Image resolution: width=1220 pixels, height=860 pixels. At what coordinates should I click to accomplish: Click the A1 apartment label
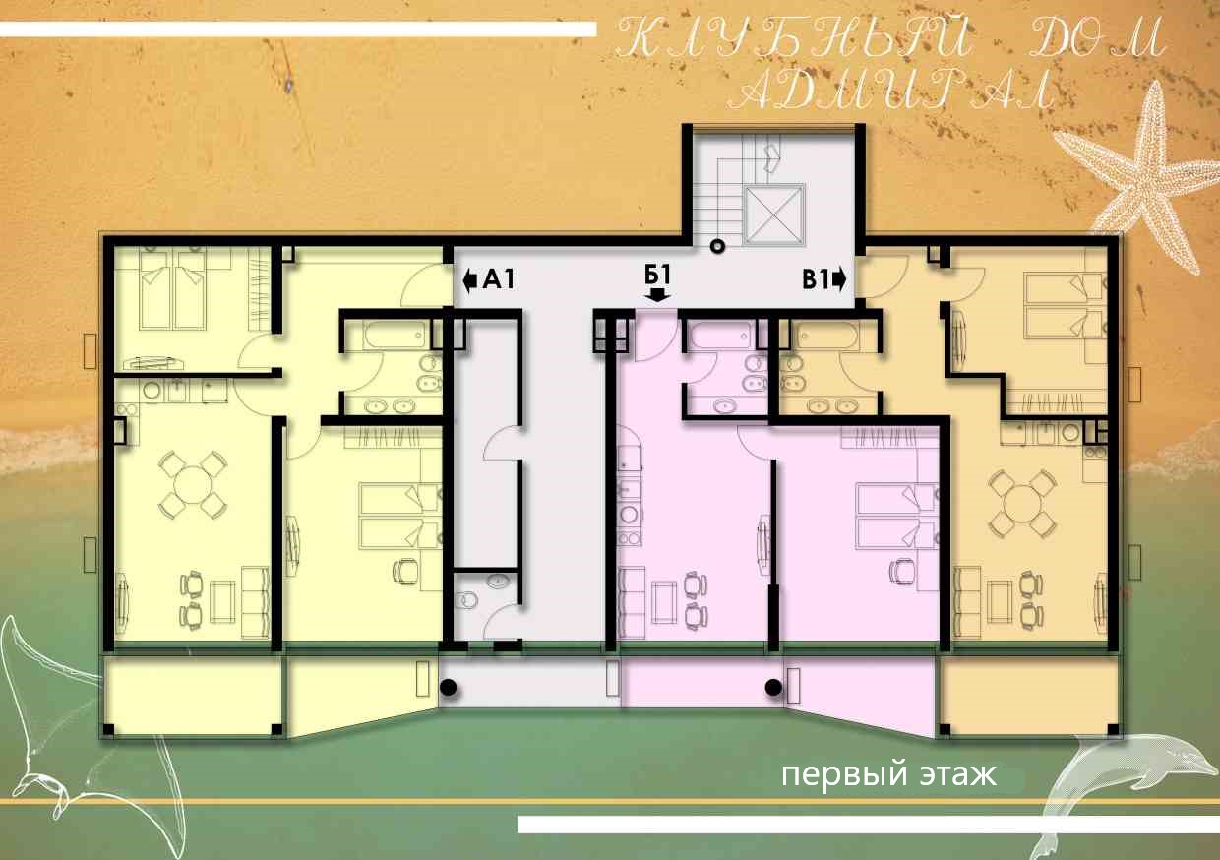pos(499,279)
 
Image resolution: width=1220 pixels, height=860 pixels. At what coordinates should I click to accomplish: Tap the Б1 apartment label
pos(657,276)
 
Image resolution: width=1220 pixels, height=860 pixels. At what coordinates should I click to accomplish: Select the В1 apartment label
pos(815,280)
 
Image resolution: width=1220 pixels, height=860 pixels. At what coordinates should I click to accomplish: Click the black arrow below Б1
pos(658,295)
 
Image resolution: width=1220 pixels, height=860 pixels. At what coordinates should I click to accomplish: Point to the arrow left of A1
pos(469,280)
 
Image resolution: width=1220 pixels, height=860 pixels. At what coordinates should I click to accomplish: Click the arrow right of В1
pos(839,280)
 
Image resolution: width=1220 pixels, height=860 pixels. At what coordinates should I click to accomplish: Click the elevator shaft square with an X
pos(774,215)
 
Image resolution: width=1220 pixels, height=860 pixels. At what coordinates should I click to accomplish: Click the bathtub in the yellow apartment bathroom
pos(394,334)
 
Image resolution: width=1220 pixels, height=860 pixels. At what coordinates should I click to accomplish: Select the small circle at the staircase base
pos(718,246)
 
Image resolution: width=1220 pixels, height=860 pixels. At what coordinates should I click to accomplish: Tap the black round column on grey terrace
pos(448,688)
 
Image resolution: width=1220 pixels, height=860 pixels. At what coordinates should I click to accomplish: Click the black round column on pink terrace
pos(773,688)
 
